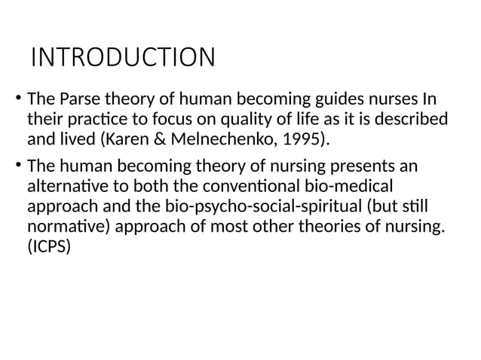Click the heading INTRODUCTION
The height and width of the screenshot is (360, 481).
122,57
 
